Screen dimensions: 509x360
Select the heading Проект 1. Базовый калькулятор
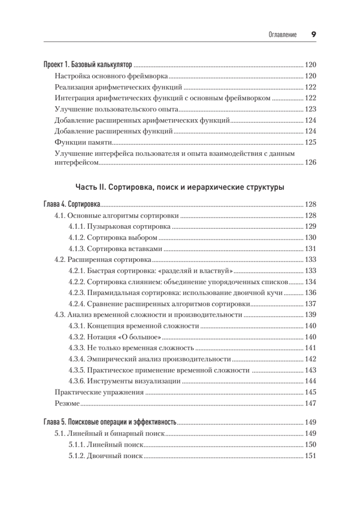(x=88, y=65)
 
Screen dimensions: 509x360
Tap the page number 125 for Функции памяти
(x=311, y=143)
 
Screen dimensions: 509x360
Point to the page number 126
(x=311, y=162)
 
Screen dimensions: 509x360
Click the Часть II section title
(x=180, y=187)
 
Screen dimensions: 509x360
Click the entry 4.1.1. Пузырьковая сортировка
(x=120, y=227)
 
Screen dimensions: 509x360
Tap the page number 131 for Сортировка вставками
(x=311, y=249)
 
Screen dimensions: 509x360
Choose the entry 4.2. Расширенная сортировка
(x=103, y=260)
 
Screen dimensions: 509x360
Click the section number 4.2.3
(x=77, y=293)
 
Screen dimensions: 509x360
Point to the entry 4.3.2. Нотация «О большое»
(x=114, y=337)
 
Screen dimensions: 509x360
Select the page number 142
(x=311, y=359)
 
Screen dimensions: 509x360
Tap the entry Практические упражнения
(x=99, y=392)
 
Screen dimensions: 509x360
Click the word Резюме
(x=67, y=403)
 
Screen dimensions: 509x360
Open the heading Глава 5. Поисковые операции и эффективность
(x=110, y=423)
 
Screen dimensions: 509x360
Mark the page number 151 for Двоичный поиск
(x=311, y=456)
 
